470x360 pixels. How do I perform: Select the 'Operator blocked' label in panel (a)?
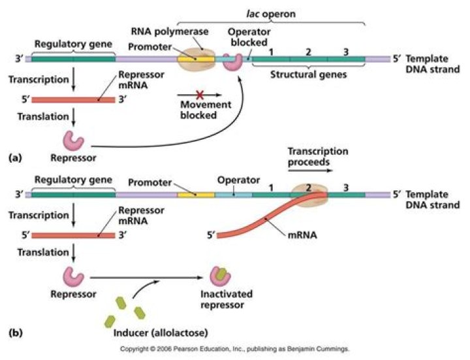click(248, 37)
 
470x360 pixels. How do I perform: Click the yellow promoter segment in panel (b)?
click(196, 195)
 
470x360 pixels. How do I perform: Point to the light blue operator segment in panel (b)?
click(233, 195)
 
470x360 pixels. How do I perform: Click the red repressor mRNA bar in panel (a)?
click(72, 100)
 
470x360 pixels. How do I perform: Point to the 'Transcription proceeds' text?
click(318, 157)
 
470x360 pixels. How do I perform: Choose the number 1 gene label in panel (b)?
click(271, 186)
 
